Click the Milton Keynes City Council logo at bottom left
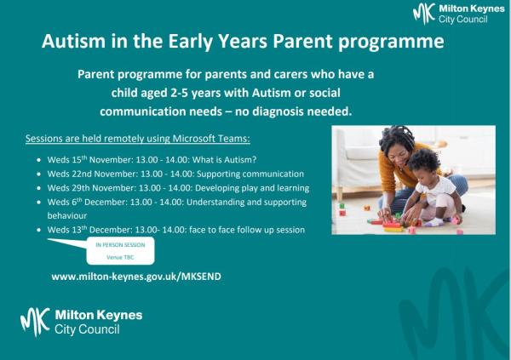coord(82,322)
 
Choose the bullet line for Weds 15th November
coord(158,159)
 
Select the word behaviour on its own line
coord(69,216)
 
